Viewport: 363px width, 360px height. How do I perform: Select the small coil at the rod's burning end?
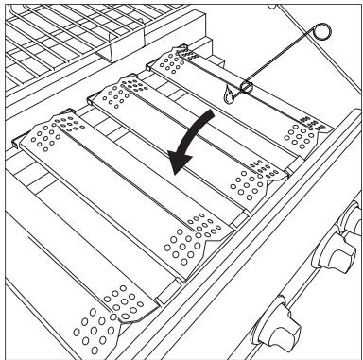coord(247,88)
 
